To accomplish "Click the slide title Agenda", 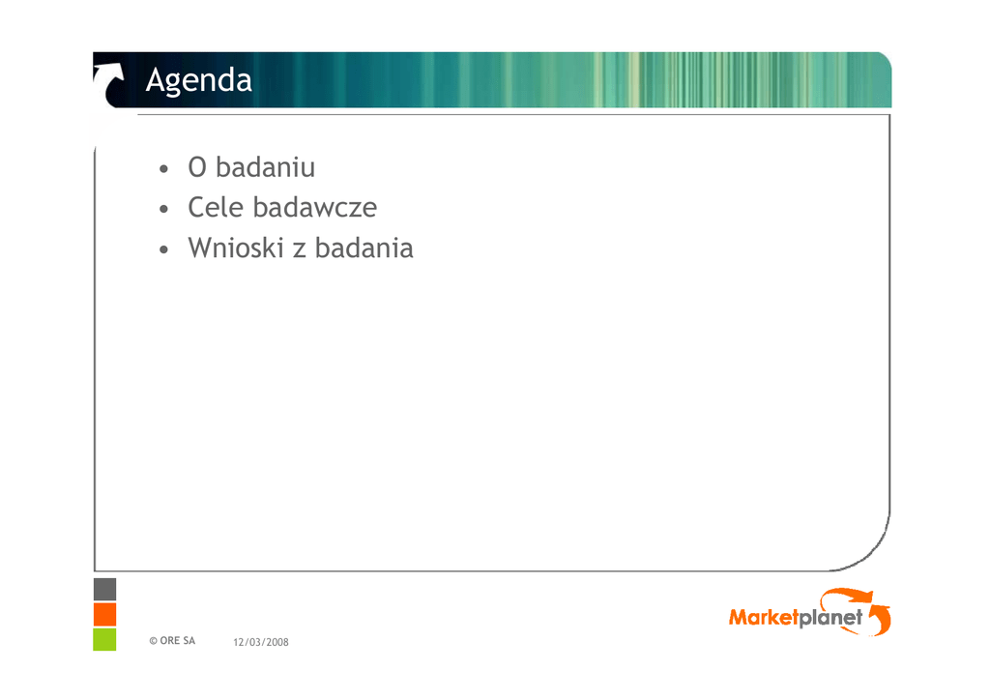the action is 199,81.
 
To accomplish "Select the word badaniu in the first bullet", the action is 265,167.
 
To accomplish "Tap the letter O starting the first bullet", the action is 197,168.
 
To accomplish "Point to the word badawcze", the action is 315,208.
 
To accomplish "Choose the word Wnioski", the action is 236,248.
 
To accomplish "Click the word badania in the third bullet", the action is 364,248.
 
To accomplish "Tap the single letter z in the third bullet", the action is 300,250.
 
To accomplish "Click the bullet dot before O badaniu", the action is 164,169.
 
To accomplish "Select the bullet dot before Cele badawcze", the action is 164,209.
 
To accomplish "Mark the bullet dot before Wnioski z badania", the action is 164,250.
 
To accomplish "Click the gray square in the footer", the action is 104,589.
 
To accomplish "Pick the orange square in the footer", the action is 104,614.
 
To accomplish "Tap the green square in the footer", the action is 104,639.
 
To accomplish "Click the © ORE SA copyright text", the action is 172,641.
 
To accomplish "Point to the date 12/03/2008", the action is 261,642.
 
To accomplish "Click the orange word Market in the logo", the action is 764,617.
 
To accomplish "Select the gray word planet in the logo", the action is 830,618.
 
